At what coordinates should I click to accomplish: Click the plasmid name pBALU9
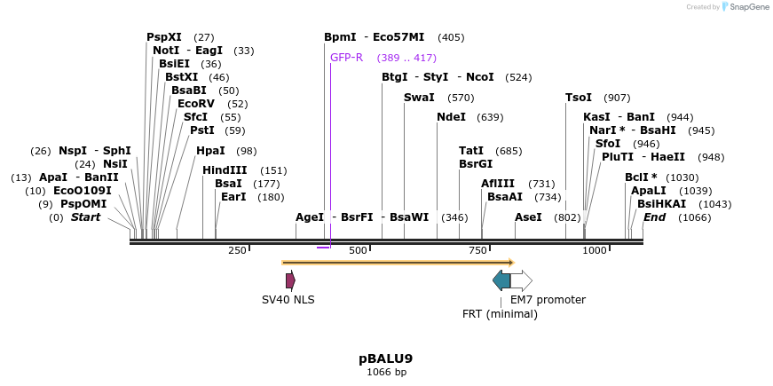[x=386, y=358]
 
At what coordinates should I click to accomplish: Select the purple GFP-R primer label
[x=346, y=58]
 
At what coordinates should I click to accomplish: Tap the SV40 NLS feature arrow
[x=290, y=280]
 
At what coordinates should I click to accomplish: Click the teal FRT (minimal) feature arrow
[x=501, y=280]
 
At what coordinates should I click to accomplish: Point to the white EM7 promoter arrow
[x=522, y=280]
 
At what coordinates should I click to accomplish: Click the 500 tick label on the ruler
[x=358, y=251]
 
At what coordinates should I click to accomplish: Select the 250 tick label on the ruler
[x=237, y=251]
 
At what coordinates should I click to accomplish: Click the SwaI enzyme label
[x=419, y=98]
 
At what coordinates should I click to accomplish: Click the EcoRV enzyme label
[x=196, y=104]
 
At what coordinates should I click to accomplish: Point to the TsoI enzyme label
[x=580, y=98]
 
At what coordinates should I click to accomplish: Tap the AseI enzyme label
[x=528, y=217]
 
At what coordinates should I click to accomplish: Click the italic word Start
[x=86, y=217]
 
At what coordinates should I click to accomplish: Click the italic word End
[x=654, y=217]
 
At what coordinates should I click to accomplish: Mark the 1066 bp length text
[x=386, y=372]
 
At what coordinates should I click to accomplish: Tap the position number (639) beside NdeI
[x=490, y=117]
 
